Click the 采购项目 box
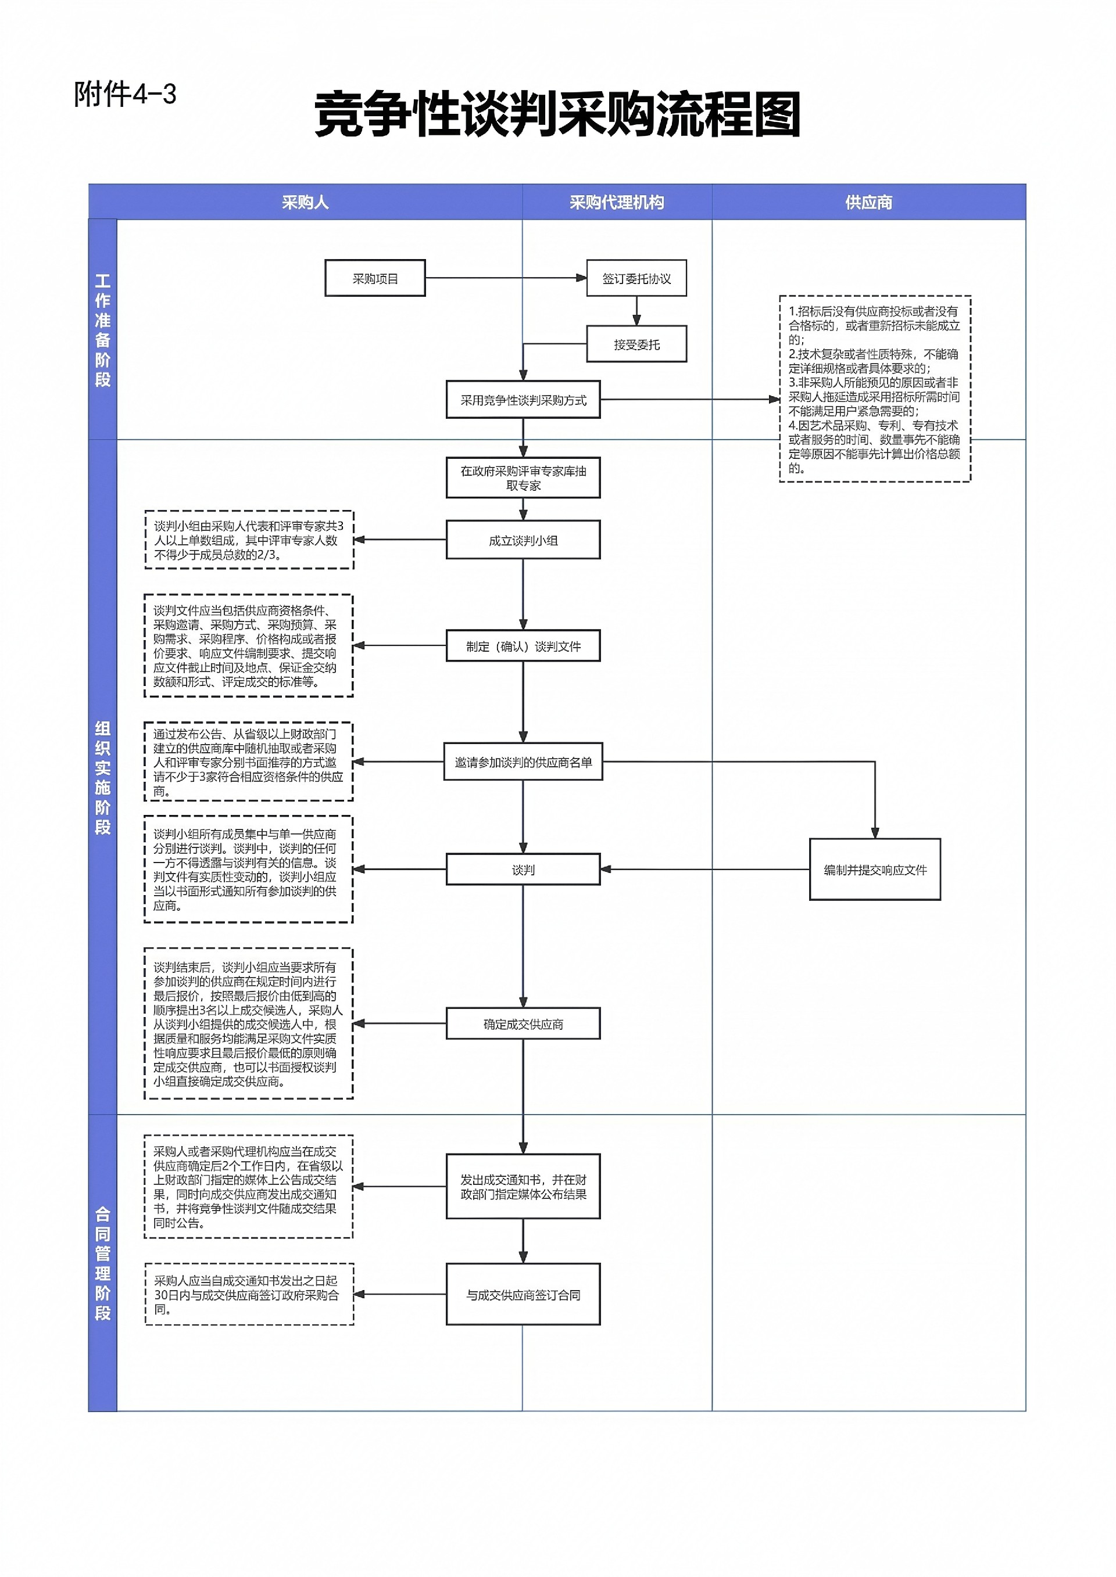click(x=375, y=278)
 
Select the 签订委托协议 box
click(x=636, y=278)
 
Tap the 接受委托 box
click(x=636, y=344)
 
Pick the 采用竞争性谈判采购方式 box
click(x=523, y=400)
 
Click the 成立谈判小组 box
click(x=523, y=540)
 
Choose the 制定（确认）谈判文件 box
click(x=523, y=646)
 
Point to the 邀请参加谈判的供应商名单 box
click(x=523, y=761)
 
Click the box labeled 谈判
click(x=523, y=870)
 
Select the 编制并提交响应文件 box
click(x=875, y=870)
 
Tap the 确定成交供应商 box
click(x=523, y=1024)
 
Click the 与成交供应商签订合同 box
click(x=523, y=1295)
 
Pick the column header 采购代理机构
click(x=616, y=203)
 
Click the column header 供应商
click(x=868, y=203)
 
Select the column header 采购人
click(x=305, y=203)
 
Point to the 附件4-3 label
click(x=125, y=94)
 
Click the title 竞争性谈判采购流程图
click(x=557, y=114)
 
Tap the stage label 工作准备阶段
click(x=102, y=331)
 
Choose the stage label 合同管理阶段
click(x=102, y=1264)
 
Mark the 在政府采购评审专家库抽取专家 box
click(x=523, y=477)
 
